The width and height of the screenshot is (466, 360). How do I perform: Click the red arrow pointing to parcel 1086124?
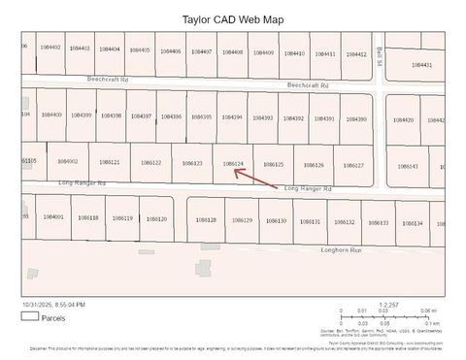coord(283,176)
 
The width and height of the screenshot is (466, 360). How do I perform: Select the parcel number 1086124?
coord(232,163)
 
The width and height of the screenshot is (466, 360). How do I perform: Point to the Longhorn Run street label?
coord(341,250)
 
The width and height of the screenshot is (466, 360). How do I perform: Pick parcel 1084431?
coord(421,65)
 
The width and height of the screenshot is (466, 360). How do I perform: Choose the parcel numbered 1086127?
coord(353,165)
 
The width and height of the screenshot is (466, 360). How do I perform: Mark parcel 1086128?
coord(206,219)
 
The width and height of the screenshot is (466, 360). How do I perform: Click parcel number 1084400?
coord(51,115)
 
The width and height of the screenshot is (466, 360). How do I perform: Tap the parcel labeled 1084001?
coord(52,216)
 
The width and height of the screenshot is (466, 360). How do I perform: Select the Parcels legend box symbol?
coord(29,315)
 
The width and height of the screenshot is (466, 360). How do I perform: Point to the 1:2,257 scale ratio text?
coord(388,304)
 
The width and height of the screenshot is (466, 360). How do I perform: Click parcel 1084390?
coord(355,118)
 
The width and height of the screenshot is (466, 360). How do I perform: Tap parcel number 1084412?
coord(355,54)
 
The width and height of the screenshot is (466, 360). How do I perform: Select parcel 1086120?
coord(155,218)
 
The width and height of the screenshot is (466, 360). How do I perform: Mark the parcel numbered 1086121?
coord(109,162)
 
